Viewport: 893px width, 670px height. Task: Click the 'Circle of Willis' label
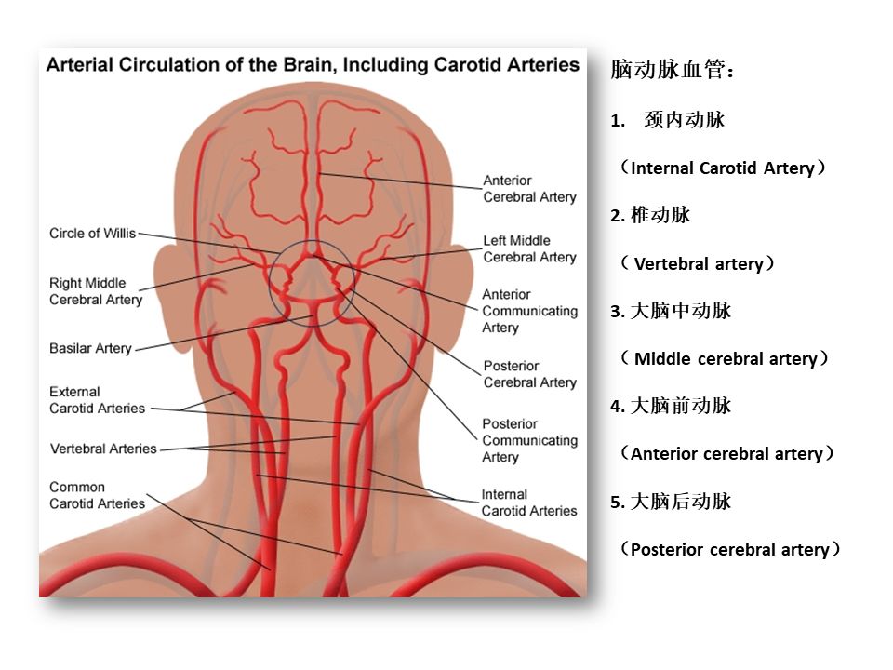click(x=93, y=233)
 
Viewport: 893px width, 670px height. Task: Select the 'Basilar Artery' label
click(x=90, y=348)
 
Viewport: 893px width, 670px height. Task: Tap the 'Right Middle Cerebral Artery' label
click(x=96, y=291)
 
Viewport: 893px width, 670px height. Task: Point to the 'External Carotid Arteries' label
click(x=97, y=400)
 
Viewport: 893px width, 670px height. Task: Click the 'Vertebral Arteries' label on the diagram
click(x=103, y=449)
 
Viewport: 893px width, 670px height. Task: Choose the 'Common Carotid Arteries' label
click(x=97, y=495)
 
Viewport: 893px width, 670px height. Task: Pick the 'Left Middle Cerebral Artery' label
click(x=529, y=249)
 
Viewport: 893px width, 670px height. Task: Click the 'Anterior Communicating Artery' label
click(x=529, y=311)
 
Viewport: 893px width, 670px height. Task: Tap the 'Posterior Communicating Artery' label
click(x=529, y=440)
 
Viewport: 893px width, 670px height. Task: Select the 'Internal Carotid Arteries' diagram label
click(x=529, y=502)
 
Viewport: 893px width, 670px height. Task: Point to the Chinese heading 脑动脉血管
click(x=672, y=70)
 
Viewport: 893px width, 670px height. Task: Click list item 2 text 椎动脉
click(x=660, y=215)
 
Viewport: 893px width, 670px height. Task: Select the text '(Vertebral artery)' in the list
click(x=698, y=263)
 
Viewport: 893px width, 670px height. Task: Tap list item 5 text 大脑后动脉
click(x=681, y=502)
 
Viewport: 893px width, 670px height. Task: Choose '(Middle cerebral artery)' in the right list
click(x=724, y=358)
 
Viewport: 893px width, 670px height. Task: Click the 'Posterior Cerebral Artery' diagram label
click(x=529, y=374)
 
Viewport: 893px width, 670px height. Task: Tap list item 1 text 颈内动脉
click(x=685, y=120)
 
